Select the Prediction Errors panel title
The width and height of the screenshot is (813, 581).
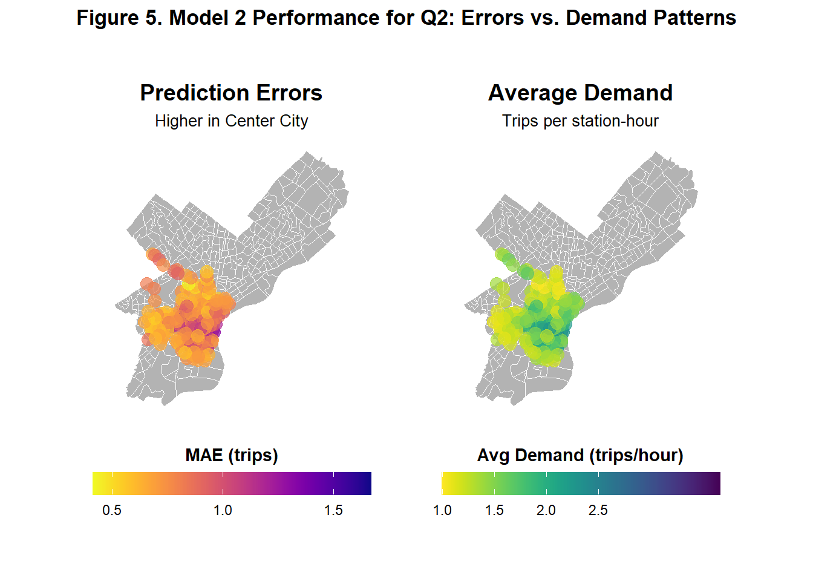pyautogui.click(x=231, y=93)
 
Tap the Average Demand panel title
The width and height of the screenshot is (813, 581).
pyautogui.click(x=580, y=93)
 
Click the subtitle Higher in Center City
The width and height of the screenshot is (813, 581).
pyautogui.click(x=231, y=121)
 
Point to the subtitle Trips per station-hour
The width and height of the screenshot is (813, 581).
pyautogui.click(x=580, y=121)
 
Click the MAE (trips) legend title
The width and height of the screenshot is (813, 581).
pyautogui.click(x=232, y=455)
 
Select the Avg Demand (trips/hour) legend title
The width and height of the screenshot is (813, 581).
pyautogui.click(x=580, y=455)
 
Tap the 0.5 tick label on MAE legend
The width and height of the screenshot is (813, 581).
pyautogui.click(x=112, y=510)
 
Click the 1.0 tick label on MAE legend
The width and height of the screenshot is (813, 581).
pyautogui.click(x=223, y=510)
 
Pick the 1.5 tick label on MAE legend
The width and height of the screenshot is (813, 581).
pyautogui.click(x=333, y=510)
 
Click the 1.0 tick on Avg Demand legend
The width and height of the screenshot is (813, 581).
pyautogui.click(x=442, y=510)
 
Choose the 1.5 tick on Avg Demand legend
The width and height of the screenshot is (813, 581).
pyautogui.click(x=494, y=510)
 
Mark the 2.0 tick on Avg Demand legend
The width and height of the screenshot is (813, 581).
pyautogui.click(x=546, y=510)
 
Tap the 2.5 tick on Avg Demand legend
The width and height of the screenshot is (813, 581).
pyautogui.click(x=598, y=510)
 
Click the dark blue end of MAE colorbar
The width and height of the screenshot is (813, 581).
pyautogui.click(x=366, y=484)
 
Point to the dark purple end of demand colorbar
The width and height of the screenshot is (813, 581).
pyautogui.click(x=715, y=484)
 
